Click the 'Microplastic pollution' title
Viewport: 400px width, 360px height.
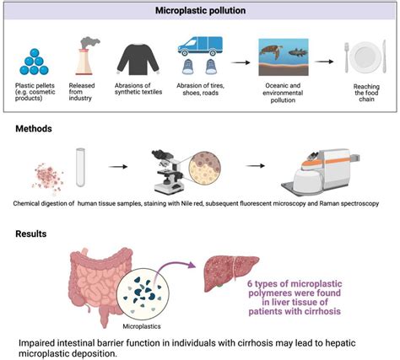click(200, 11)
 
